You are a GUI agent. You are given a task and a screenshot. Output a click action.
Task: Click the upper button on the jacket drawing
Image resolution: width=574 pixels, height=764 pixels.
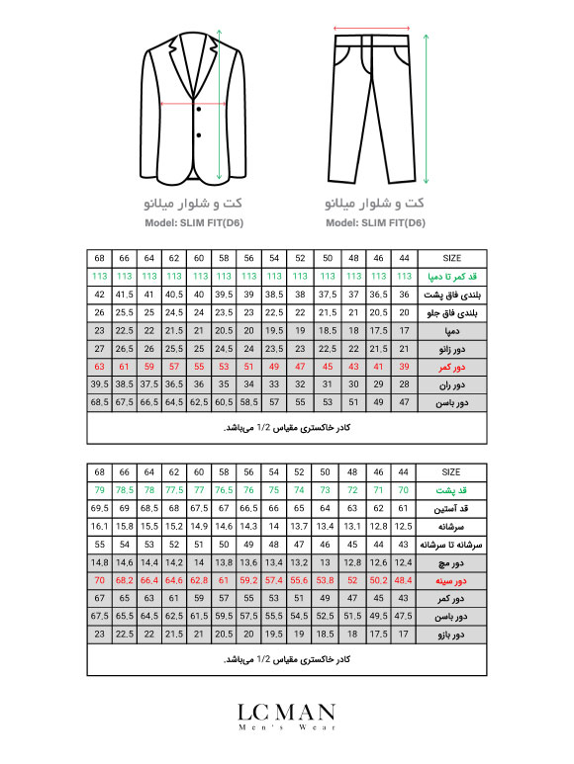199,109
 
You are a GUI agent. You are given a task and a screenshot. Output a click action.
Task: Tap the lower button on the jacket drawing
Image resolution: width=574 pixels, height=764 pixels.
199,133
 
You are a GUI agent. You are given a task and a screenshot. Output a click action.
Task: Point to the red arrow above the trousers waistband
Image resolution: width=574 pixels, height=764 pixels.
371,29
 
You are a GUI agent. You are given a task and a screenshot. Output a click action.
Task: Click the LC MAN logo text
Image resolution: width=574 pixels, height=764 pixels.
286,712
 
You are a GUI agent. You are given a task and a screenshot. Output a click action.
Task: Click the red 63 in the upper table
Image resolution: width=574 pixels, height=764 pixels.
99,366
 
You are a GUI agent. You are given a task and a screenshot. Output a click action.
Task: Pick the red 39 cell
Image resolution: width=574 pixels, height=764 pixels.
403,366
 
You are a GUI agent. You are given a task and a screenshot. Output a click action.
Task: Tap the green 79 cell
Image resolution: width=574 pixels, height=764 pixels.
99,490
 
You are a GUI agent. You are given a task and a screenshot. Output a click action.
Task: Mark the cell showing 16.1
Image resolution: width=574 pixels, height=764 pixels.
99,527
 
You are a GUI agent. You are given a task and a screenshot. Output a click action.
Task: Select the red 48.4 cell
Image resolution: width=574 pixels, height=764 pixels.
403,581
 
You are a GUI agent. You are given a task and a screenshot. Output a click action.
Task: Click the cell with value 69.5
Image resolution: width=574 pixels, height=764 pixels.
99,508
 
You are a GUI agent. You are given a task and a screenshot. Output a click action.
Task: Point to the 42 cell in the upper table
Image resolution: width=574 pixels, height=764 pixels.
99,295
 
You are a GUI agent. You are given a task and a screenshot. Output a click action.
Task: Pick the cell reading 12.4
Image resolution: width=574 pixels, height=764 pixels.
403,563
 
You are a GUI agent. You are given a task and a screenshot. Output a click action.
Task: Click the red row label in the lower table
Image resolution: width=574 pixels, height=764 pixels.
455,581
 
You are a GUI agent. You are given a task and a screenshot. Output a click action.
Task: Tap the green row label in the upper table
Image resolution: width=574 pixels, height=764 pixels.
455,276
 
